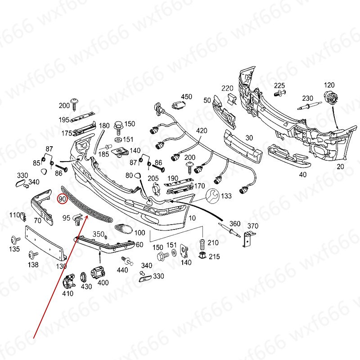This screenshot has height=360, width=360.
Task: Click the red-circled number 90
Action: (62, 198)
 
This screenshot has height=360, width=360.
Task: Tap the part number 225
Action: (279, 85)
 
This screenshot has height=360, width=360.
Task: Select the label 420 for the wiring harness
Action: (202, 131)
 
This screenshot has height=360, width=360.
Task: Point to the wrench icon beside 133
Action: (212, 195)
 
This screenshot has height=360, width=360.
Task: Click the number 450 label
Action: (186, 97)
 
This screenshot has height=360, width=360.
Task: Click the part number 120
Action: (329, 85)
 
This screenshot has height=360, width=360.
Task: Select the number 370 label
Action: (253, 226)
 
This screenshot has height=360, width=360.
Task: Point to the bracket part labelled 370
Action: (247, 238)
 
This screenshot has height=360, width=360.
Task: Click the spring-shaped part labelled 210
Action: (202, 245)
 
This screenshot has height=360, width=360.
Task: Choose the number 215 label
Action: (214, 256)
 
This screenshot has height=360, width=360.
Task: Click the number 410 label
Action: (67, 294)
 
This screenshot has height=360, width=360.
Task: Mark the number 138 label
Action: (33, 265)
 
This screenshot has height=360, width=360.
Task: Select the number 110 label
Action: (14, 214)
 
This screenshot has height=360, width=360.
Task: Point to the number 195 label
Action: (63, 120)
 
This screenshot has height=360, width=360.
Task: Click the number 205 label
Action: (153, 178)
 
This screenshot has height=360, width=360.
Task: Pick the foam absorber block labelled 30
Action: (242, 145)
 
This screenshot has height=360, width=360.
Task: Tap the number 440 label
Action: (122, 270)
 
